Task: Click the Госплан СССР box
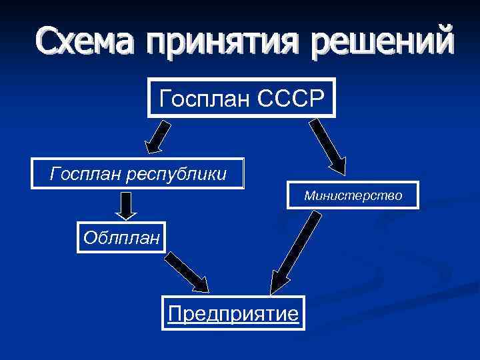pyautogui.click(x=241, y=100)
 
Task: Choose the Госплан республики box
pyautogui.click(x=139, y=174)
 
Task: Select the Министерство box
pyautogui.click(x=353, y=196)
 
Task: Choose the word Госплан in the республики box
pyautogui.click(x=81, y=175)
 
